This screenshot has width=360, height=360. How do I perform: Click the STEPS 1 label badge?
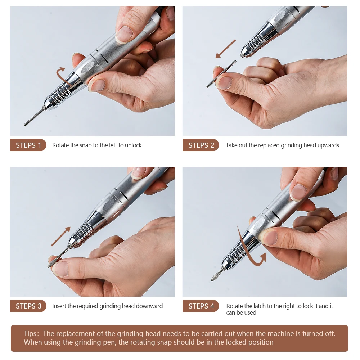click(x=28, y=145)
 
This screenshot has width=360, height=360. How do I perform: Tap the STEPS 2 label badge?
click(x=201, y=145)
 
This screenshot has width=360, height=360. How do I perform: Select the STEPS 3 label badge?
click(x=28, y=306)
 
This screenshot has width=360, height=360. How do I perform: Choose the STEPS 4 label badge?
click(x=201, y=306)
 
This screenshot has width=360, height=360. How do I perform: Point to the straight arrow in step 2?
click(x=225, y=49)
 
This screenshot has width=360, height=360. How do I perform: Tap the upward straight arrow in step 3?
click(x=61, y=236)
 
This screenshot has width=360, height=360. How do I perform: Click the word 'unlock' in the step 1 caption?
click(x=133, y=145)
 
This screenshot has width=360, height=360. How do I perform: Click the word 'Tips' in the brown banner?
click(x=30, y=333)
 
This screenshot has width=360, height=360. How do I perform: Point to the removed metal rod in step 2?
click(x=221, y=74)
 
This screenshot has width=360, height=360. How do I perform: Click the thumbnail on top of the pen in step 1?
click(x=124, y=35)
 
